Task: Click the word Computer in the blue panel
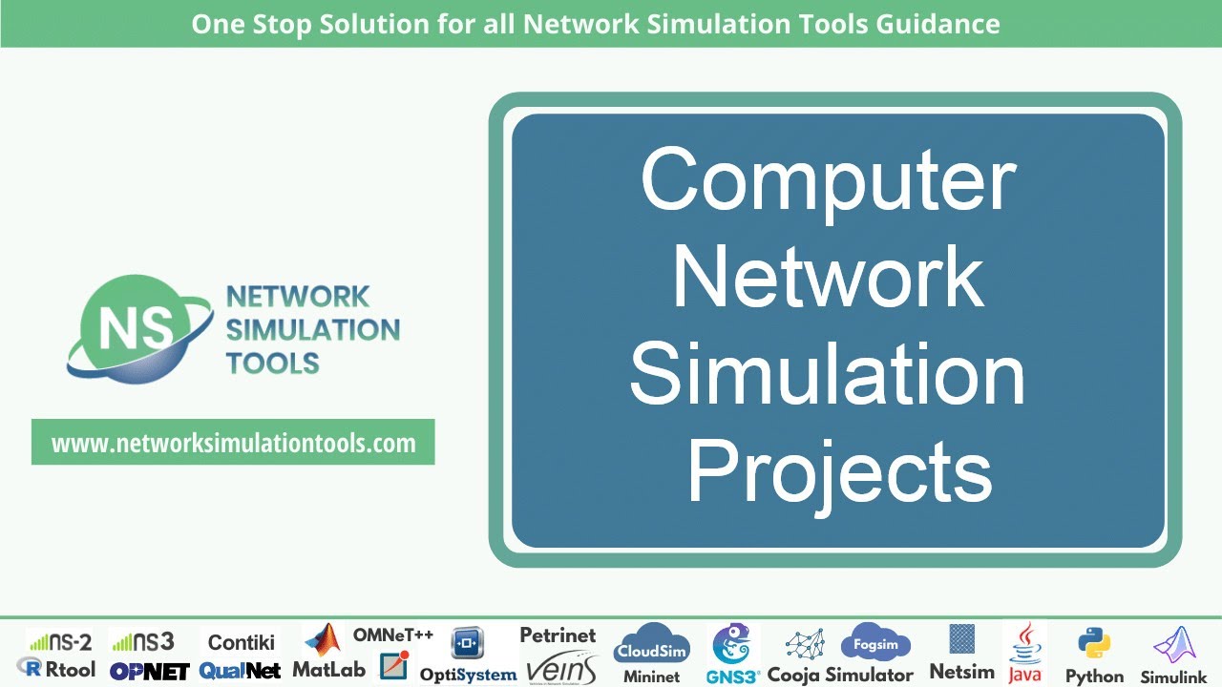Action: (x=828, y=181)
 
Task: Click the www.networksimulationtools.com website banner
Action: (x=233, y=443)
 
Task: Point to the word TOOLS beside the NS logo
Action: (x=272, y=363)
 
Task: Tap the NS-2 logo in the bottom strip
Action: (x=59, y=641)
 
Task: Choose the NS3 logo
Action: (x=142, y=641)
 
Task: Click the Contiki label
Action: (x=241, y=642)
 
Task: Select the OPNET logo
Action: (x=149, y=671)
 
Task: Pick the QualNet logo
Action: (x=240, y=671)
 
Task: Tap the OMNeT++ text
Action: (x=393, y=635)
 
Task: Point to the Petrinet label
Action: (x=558, y=635)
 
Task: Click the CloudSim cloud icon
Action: (x=651, y=645)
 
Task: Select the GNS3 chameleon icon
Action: (x=733, y=645)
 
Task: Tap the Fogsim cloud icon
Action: (x=875, y=643)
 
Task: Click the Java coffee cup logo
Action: (x=1025, y=640)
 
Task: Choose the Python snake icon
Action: (x=1094, y=644)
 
